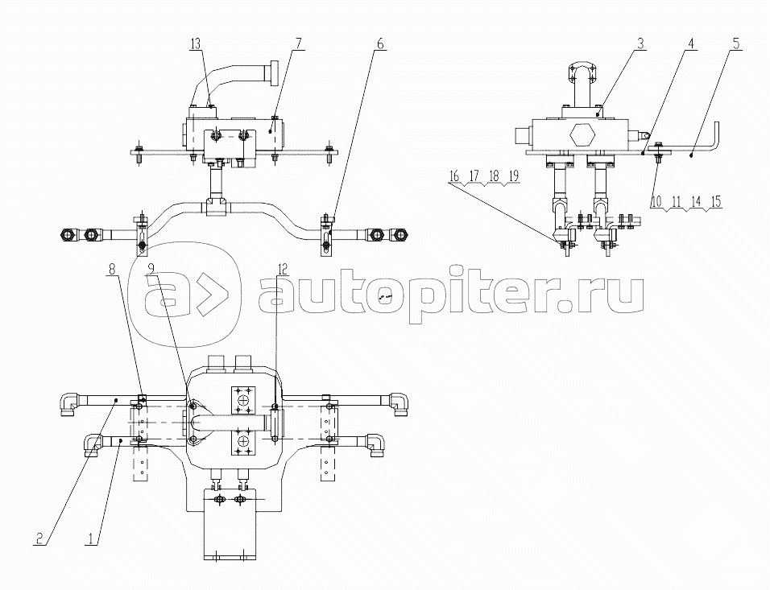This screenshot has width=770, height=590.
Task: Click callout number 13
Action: coord(196,44)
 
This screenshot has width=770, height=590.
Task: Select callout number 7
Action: coord(298,44)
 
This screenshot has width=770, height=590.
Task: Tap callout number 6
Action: coord(379,44)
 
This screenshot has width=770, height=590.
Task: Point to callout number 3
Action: coord(640,43)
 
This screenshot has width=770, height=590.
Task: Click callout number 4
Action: coord(691,43)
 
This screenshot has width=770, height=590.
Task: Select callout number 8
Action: coord(113,269)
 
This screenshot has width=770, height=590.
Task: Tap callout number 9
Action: coord(151,269)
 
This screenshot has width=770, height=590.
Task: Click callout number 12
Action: coord(282,269)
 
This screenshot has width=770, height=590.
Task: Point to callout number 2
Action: coord(39,539)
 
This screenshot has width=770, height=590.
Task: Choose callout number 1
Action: coord(89,539)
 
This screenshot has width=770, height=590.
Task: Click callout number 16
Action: coord(453,176)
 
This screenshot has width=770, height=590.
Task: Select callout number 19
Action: coord(513,176)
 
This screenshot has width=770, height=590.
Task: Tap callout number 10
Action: coord(656,202)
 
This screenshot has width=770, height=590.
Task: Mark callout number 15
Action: coord(716,202)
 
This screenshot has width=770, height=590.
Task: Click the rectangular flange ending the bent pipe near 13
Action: coord(272,72)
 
